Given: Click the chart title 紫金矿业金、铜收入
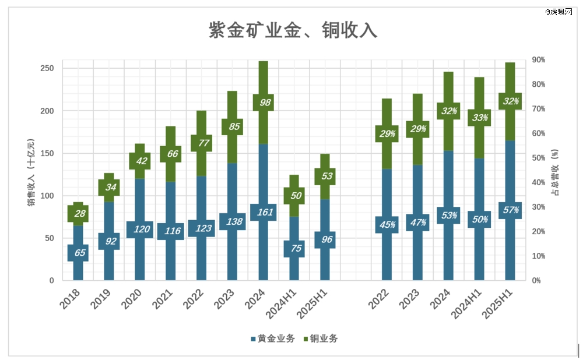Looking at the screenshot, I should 293,30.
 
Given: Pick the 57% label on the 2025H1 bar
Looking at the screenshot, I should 510,210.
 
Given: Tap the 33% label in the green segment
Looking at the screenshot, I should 479,118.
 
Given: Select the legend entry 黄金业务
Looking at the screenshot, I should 272,338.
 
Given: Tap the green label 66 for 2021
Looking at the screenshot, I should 171,154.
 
